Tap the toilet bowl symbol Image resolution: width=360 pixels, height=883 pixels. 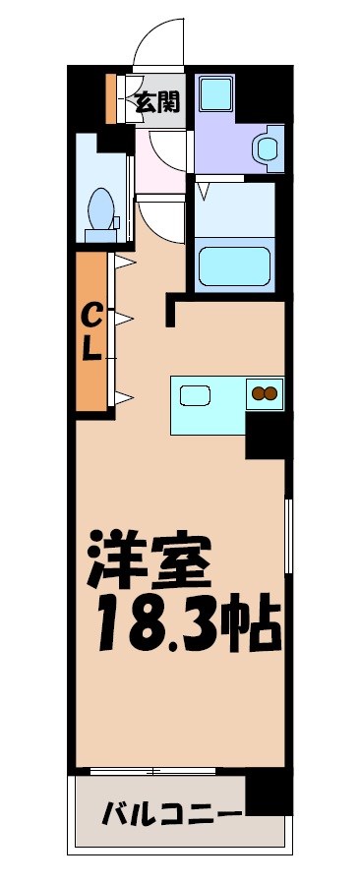click(x=99, y=209)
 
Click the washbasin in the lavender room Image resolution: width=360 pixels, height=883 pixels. click(x=266, y=148)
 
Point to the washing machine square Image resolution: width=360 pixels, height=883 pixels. click(x=213, y=94)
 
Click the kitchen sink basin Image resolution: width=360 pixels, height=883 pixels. click(x=195, y=398)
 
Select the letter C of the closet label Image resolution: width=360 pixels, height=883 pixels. click(x=90, y=317)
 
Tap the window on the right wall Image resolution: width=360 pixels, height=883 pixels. click(x=288, y=536)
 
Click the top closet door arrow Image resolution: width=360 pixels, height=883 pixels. click(x=125, y=263)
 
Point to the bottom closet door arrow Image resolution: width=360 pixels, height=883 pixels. click(x=125, y=396)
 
